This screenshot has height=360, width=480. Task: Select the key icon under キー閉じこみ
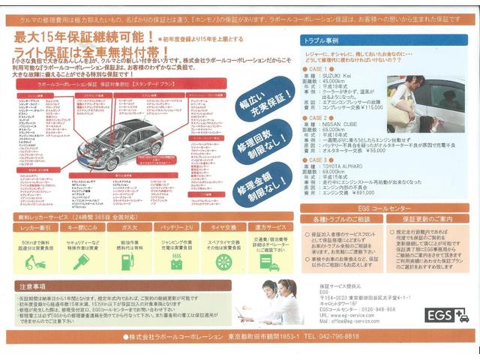click(82, 262)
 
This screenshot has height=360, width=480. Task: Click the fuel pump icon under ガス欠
click(128, 262)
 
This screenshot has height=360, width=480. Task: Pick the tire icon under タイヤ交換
click(223, 262)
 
